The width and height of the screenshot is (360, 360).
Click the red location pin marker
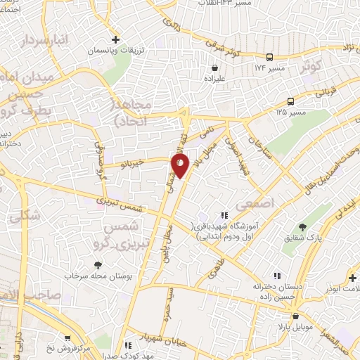(180, 165)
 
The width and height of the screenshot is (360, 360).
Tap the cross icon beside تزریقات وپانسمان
(116, 39)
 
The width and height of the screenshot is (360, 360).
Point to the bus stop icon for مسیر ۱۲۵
(290, 101)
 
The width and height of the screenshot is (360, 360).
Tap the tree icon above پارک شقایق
(303, 226)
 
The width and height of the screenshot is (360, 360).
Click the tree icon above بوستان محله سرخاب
(97, 265)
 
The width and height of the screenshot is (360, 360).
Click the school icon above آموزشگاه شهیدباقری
(224, 215)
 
